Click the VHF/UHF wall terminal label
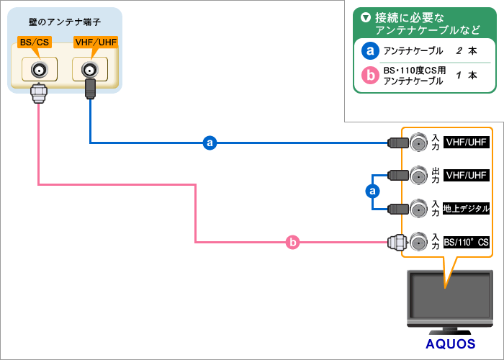[96, 42]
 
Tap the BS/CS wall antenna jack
[38, 69]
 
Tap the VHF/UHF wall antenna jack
[90, 69]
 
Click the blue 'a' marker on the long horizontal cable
[210, 143]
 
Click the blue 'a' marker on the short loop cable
[372, 191]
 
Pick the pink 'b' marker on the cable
[293, 243]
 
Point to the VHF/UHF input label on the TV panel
[467, 143]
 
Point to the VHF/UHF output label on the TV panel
[467, 175]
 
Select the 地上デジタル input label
[467, 209]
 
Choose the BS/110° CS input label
[467, 243]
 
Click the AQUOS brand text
[450, 343]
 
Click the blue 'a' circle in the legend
[369, 51]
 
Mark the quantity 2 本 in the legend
[466, 51]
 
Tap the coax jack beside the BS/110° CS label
[418, 243]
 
